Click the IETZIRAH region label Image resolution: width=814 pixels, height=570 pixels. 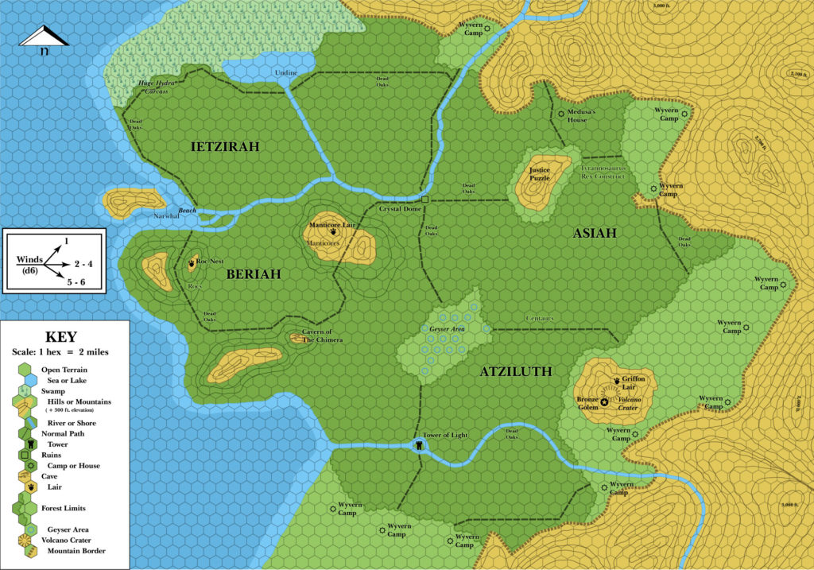(226, 146)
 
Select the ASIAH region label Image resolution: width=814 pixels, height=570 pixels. (595, 232)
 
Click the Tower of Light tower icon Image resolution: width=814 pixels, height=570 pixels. (418, 446)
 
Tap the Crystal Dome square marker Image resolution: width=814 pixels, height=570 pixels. (425, 200)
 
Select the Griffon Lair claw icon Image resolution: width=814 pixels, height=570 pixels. (617, 380)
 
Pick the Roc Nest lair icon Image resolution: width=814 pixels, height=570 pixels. (192, 261)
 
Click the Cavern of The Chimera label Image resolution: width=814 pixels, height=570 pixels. (322, 335)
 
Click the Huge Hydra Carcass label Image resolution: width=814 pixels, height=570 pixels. (153, 87)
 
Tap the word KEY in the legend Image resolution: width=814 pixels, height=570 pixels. (65, 336)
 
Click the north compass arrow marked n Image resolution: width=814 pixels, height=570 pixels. (45, 40)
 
